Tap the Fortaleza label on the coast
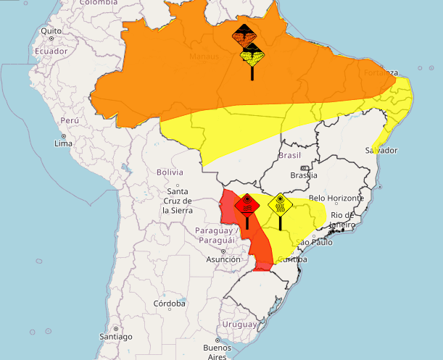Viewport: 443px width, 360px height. click(381, 73)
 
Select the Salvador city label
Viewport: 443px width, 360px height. click(382, 151)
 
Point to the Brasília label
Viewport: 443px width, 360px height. click(303, 175)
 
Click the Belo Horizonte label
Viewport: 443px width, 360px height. click(335, 198)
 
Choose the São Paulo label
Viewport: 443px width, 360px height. click(314, 242)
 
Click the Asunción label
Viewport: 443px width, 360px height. click(223, 259)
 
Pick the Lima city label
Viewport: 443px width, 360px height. click(63, 143)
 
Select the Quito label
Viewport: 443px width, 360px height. click(51, 31)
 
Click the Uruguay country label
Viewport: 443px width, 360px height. click(239, 324)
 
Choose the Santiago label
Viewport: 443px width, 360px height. click(116, 337)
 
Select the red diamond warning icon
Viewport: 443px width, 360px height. click(247, 206)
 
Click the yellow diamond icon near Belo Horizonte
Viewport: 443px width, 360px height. click(280, 204)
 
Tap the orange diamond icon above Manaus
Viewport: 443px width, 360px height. click(244, 35)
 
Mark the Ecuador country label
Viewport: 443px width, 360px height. click(51, 51)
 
